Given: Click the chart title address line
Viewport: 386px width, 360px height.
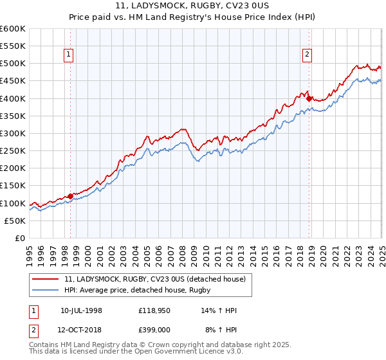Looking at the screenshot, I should point(192,6).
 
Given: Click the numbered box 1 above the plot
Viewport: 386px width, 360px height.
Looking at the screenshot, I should point(69,55).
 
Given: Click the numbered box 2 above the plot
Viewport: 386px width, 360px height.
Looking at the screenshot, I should point(308,55).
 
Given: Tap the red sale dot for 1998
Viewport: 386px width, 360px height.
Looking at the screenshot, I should point(70,197).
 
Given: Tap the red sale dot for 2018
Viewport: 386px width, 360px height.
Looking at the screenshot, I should point(309,99).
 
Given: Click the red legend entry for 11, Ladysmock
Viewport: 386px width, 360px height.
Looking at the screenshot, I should point(154,279).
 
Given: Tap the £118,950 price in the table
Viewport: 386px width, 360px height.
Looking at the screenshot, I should point(153,310).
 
